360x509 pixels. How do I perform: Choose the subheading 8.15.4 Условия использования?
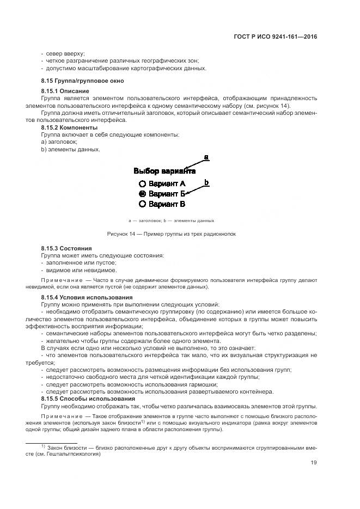click(87, 297)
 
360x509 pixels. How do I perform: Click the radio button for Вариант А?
click(142, 183)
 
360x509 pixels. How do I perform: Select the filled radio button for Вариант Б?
click(142, 194)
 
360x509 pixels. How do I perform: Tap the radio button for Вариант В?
click(142, 204)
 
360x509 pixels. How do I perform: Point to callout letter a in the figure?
click(206, 157)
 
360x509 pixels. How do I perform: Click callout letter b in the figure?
click(206, 182)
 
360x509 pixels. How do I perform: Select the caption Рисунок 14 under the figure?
click(171, 234)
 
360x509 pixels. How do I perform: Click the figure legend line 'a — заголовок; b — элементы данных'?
click(171, 221)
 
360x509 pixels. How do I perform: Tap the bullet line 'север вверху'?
click(65, 53)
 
